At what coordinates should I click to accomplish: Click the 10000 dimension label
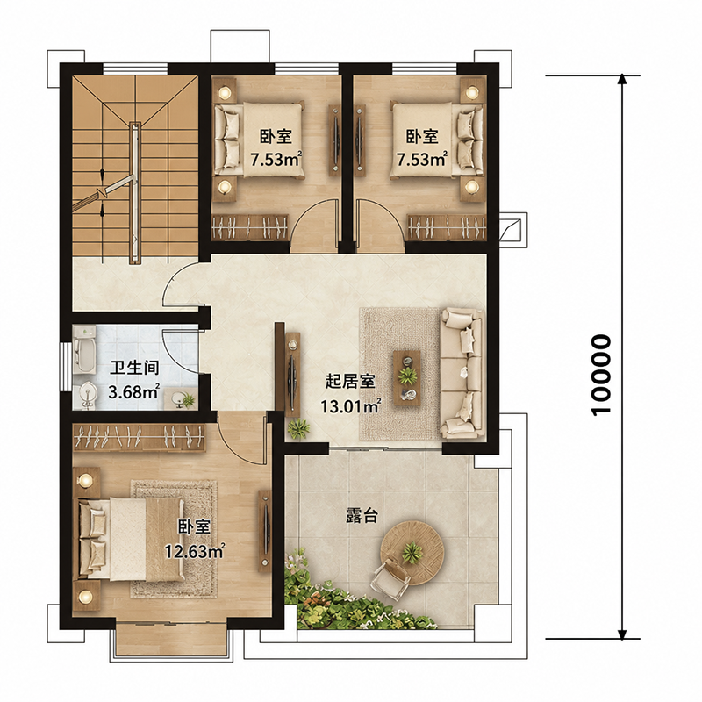point(600,376)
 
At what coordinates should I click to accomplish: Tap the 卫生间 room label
point(134,368)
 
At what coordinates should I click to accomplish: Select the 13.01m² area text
point(350,406)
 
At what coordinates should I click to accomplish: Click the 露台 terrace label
point(362,516)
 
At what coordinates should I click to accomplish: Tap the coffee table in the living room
point(407,378)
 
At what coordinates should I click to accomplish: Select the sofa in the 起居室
point(462,372)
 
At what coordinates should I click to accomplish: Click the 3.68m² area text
point(134,391)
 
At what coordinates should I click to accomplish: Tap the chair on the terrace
point(390,580)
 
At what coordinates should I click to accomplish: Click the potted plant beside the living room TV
point(298,429)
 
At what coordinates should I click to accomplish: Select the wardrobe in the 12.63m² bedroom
point(140,436)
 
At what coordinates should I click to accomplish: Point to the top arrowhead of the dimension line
point(621,79)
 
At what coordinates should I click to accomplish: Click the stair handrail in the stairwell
point(135,192)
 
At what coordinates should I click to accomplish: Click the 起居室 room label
point(350,382)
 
